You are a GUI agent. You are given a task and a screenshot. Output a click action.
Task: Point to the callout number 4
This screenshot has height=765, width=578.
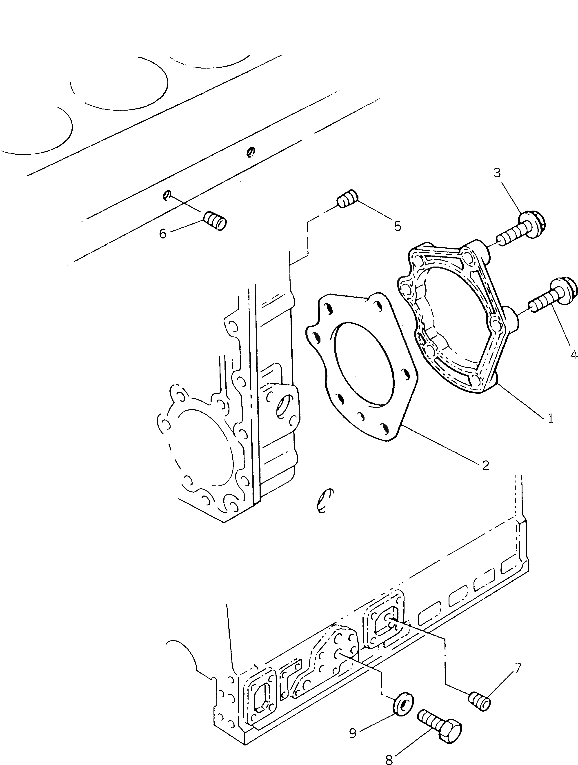pos(573,354)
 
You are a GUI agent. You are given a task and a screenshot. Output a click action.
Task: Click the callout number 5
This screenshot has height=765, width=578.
pos(398,227)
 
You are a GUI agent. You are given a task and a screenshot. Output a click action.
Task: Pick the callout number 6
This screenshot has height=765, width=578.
pos(162,234)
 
